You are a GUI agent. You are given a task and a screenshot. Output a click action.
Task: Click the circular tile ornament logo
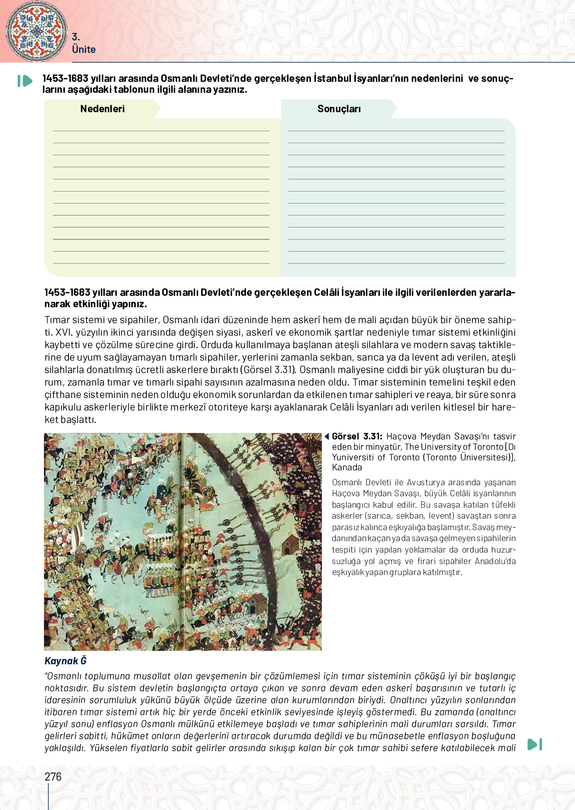36,31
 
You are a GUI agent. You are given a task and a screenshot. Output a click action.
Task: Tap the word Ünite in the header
83,49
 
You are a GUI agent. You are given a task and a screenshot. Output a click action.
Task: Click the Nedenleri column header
102,109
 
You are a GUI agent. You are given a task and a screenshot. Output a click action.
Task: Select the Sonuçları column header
339,109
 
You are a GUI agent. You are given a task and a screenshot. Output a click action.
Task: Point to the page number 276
53,777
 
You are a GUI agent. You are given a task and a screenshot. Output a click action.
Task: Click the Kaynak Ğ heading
65,661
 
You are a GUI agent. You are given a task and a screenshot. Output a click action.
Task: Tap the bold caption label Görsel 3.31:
357,436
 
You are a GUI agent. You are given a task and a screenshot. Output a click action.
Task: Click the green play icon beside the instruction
24,81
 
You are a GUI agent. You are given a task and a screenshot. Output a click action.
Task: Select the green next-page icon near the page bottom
535,745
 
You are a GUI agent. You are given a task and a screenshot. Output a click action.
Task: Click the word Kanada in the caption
347,467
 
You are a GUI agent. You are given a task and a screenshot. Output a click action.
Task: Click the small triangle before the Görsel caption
326,436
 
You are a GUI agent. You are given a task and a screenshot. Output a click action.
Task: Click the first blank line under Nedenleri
161,130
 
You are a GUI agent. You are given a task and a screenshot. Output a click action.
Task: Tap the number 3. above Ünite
76,37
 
